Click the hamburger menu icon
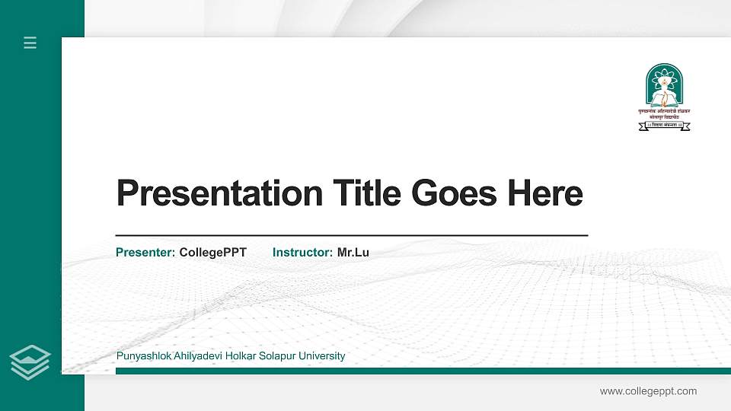(30, 43)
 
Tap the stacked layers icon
(30, 362)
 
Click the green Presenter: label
(145, 253)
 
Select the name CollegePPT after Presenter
(213, 253)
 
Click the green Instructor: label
(302, 253)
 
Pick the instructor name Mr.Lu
(353, 253)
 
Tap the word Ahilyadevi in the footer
(191, 356)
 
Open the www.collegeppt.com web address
(648, 391)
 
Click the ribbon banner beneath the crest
(664, 126)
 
